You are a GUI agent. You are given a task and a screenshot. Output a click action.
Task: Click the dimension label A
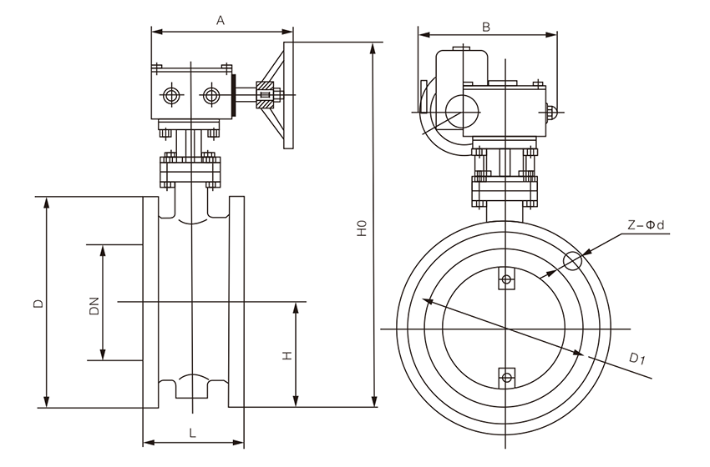pos(220,21)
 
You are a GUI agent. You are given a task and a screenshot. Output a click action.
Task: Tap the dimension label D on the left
pos(38,304)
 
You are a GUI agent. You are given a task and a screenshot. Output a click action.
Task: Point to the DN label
pos(94,305)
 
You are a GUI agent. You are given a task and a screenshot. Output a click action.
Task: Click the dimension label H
pos(286,356)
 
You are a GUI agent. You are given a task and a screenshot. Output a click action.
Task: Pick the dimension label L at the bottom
pos(192,433)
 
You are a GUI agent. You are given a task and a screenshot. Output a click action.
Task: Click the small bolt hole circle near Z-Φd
pos(572,261)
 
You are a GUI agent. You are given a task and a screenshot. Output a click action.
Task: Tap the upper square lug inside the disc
pos(505,280)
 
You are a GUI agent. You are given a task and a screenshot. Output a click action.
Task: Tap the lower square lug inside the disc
pos(505,377)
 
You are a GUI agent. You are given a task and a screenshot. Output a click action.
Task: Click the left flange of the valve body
pos(150,302)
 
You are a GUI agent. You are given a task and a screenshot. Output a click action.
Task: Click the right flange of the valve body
pos(236,302)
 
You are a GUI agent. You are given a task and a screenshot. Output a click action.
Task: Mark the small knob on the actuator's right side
pos(550,112)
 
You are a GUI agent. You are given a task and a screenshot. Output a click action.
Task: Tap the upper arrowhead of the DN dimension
pos(103,249)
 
